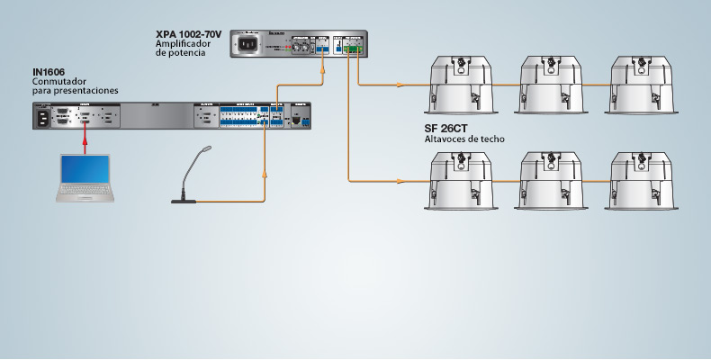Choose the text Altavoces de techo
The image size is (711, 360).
463,139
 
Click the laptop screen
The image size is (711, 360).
85,171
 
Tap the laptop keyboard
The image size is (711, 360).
84,193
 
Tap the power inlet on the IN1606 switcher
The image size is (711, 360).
41,116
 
